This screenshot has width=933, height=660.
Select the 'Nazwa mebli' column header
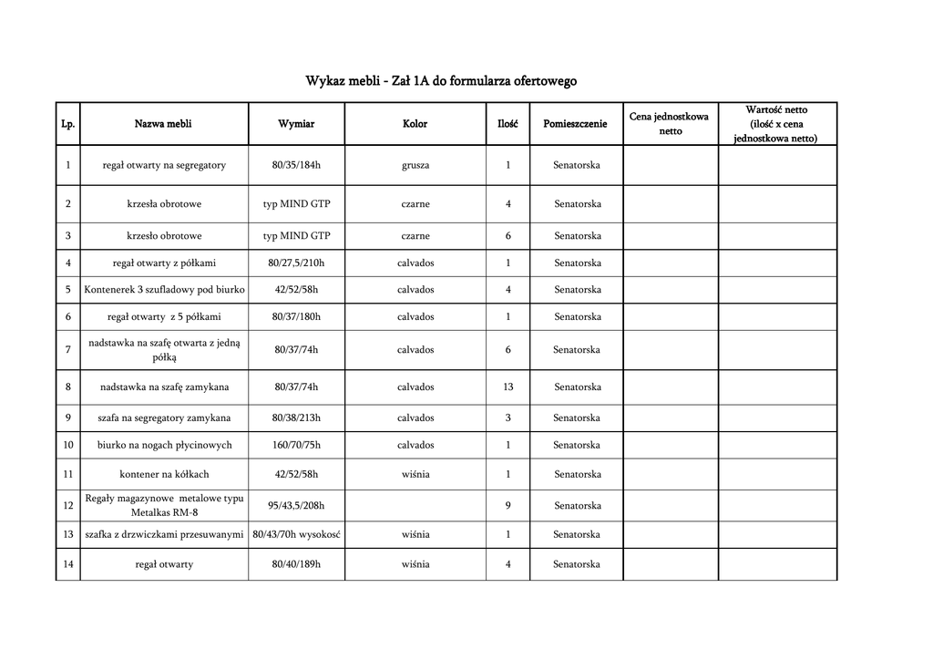coord(163,124)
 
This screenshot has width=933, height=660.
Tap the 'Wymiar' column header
coord(296,124)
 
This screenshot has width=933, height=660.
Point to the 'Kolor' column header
coord(415,124)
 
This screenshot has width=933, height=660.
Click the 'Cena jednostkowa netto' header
coord(670,124)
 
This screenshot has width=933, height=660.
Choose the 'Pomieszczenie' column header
coord(575,124)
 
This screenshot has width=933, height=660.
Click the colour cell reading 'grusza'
coord(415,165)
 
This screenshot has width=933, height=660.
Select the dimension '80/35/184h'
coord(296,165)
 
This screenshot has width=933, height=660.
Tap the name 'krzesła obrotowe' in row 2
coord(164,204)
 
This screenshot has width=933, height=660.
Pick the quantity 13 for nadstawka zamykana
coord(508,387)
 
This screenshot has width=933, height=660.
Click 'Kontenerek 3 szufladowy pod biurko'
coord(164,290)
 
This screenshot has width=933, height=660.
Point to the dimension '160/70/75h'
coord(296,446)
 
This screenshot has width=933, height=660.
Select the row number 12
coord(68,505)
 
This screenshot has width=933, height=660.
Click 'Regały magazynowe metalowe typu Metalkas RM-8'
coord(164,505)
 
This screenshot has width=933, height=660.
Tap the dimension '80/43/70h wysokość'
coord(296,535)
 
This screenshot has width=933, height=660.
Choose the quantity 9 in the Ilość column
coord(508,506)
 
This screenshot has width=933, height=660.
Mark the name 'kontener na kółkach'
coord(164,475)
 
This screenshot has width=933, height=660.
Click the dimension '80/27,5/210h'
coord(296,263)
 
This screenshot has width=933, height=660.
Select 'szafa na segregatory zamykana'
coord(164,418)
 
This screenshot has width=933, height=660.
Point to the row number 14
coord(68,564)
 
